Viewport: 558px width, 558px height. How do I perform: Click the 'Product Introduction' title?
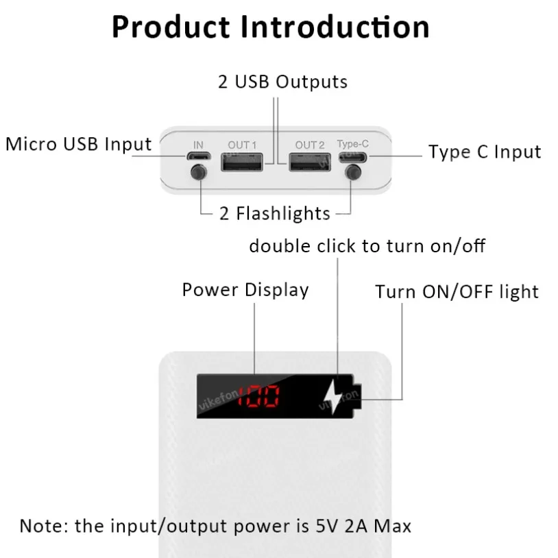(x=271, y=27)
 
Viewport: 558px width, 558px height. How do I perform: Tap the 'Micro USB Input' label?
(x=78, y=145)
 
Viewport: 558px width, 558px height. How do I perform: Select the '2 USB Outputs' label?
(x=282, y=82)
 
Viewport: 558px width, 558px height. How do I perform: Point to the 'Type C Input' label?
(x=485, y=151)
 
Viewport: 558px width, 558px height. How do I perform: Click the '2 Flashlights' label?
(x=275, y=214)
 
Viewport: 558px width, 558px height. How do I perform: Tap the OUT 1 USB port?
(x=242, y=164)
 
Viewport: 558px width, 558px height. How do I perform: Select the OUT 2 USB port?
(x=309, y=164)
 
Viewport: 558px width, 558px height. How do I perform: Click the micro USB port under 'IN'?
(x=198, y=157)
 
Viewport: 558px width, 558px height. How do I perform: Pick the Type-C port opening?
(x=353, y=157)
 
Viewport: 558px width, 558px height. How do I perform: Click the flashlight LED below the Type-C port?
(x=353, y=173)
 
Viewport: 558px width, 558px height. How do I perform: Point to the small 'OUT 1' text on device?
(x=242, y=145)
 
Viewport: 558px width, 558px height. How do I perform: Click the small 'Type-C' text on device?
(x=353, y=144)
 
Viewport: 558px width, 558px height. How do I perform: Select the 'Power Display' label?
(x=245, y=289)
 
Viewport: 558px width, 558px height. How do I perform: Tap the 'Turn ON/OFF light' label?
(x=457, y=292)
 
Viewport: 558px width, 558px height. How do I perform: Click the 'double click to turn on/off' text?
(x=367, y=245)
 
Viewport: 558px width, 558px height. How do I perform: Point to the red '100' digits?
(x=258, y=397)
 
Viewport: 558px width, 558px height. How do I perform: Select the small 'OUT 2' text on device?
(x=310, y=145)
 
